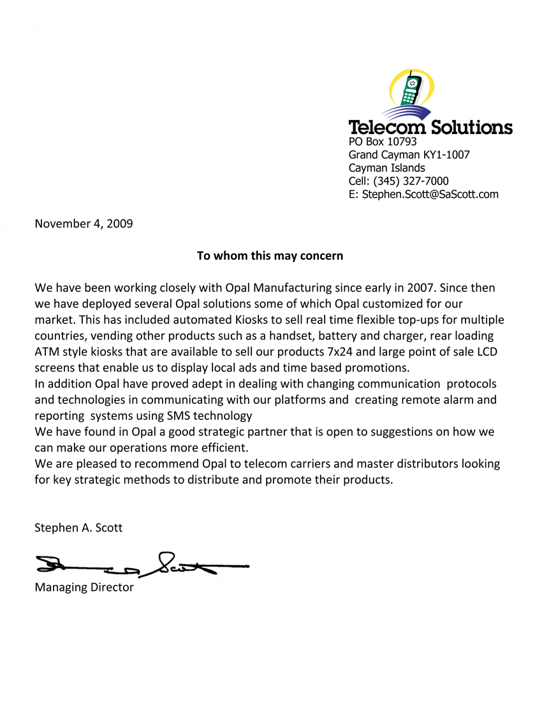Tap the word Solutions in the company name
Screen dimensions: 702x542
(472, 126)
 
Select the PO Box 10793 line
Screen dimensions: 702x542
(383, 142)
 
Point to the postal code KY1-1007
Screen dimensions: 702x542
(446, 155)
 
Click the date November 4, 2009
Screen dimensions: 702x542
(84, 223)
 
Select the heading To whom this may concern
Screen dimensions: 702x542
(270, 256)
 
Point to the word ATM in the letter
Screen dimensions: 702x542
(47, 352)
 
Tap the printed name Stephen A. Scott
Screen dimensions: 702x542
(78, 528)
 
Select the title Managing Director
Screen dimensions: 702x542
(84, 587)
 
